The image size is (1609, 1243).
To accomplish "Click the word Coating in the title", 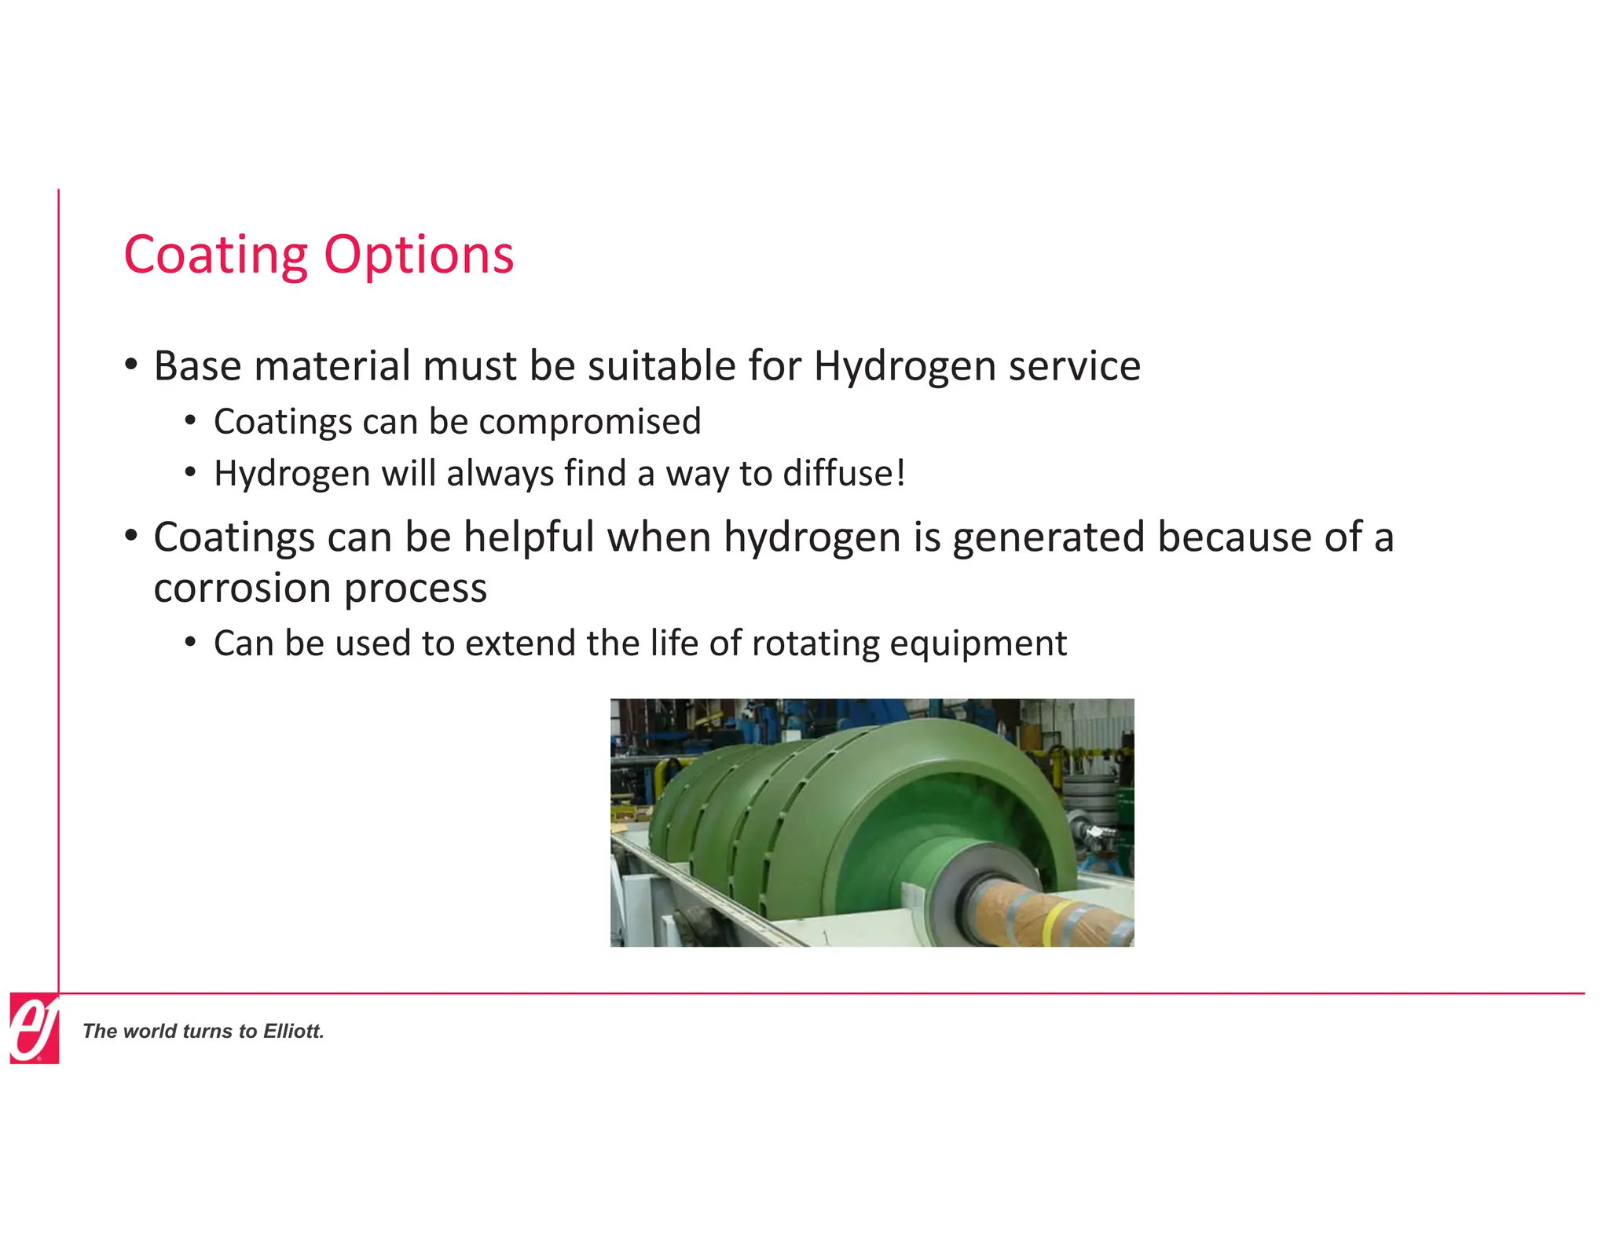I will [216, 255].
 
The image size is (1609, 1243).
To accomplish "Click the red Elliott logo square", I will [35, 1028].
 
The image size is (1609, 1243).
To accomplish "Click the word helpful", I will [529, 537].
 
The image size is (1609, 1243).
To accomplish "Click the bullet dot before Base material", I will [131, 365].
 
